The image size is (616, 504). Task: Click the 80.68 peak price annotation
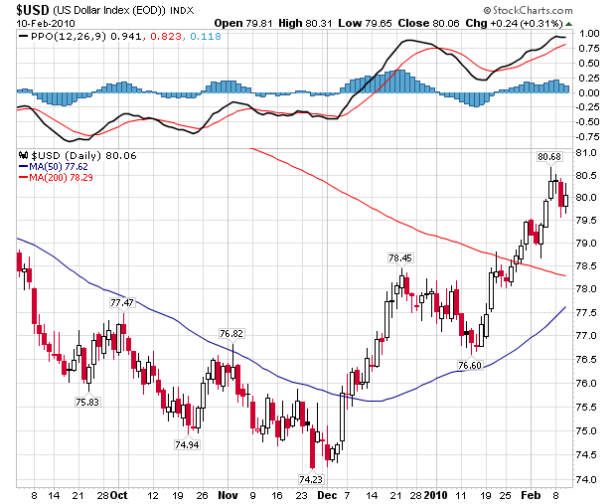pos(548,156)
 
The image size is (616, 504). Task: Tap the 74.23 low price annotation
pos(311,478)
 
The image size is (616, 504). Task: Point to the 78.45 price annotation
pos(400,257)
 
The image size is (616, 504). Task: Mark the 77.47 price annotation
pos(121,302)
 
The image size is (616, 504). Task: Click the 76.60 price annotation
pos(469,366)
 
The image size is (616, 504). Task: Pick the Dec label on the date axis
pos(326,494)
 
